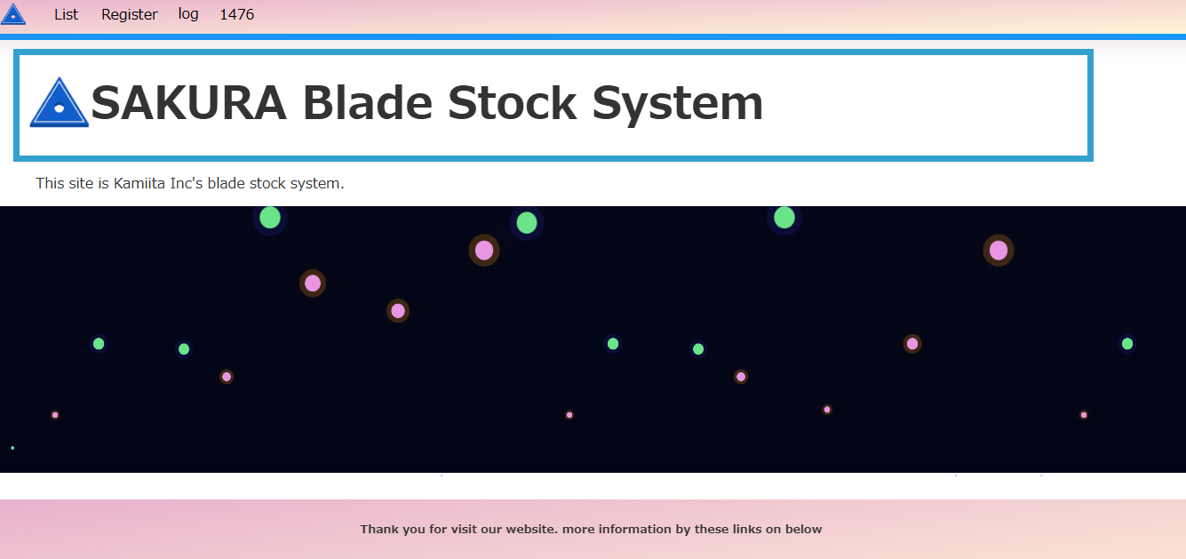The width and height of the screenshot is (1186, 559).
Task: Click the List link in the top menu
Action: click(66, 14)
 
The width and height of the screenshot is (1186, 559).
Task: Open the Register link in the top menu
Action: click(129, 15)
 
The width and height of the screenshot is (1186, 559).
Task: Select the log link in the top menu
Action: click(188, 14)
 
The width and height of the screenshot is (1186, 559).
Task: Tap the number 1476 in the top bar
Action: click(236, 14)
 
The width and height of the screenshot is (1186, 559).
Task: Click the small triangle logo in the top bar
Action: click(13, 15)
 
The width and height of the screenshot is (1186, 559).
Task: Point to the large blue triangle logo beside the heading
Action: click(60, 103)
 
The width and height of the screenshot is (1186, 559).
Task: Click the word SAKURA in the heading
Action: click(189, 103)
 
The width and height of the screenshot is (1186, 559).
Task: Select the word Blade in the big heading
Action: click(368, 103)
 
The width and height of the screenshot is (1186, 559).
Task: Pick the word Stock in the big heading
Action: click(512, 103)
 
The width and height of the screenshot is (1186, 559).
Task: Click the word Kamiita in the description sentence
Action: click(139, 183)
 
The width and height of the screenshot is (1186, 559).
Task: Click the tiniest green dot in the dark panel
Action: click(12, 448)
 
